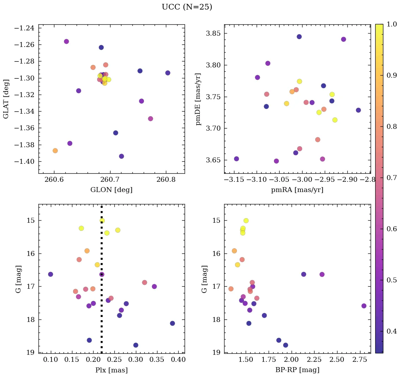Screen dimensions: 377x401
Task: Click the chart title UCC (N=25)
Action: (187, 7)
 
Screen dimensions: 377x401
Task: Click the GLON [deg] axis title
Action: (112, 190)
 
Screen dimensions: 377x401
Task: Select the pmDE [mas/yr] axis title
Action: (198, 99)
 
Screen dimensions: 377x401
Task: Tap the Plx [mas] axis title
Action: (112, 370)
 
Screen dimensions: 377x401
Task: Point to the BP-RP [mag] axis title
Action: (297, 370)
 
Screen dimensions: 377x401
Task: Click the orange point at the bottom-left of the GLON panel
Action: (55, 151)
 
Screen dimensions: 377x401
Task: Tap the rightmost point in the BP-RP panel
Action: (364, 306)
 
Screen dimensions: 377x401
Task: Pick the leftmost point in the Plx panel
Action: (50, 274)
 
